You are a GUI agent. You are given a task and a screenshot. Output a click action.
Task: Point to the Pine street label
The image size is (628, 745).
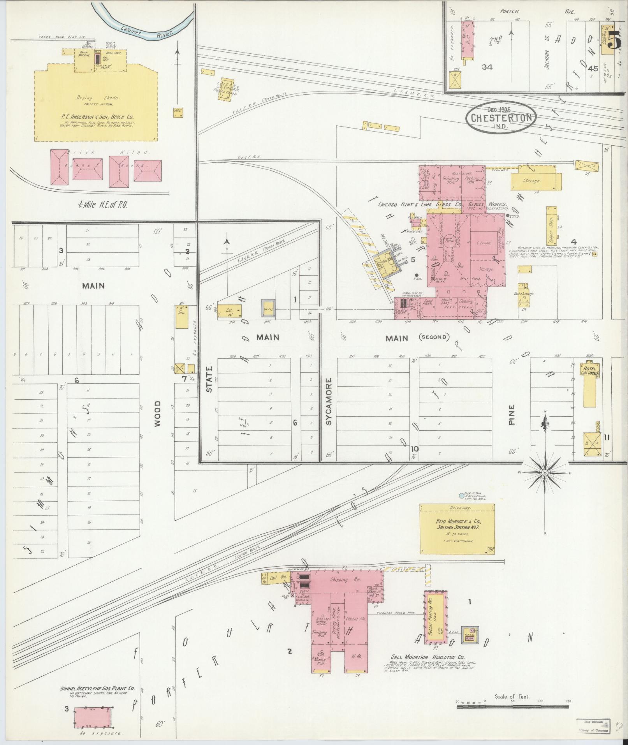pos(512,414)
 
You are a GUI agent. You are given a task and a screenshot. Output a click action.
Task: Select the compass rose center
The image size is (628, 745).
pos(545,472)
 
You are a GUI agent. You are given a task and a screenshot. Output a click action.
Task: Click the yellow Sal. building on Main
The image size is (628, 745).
pos(229,311)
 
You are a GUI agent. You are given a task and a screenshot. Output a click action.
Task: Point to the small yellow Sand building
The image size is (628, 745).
pos(178,113)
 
